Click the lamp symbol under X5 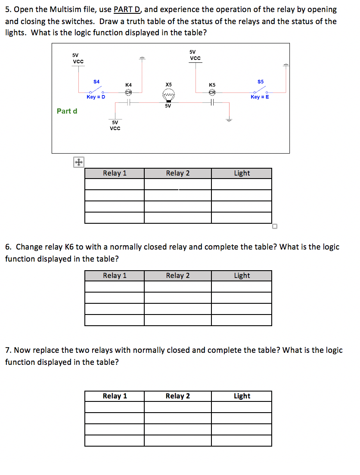168,95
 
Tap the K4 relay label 128,85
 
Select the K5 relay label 212,85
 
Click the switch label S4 96,81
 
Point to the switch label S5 261,81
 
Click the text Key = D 96,97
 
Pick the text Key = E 260,97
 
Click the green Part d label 67,111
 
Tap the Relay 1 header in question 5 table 115,173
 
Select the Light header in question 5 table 242,173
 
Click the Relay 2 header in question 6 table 178,275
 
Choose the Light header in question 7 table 242,396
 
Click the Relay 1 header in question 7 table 115,396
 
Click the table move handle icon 78,162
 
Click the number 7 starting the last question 7,350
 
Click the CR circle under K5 212,92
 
